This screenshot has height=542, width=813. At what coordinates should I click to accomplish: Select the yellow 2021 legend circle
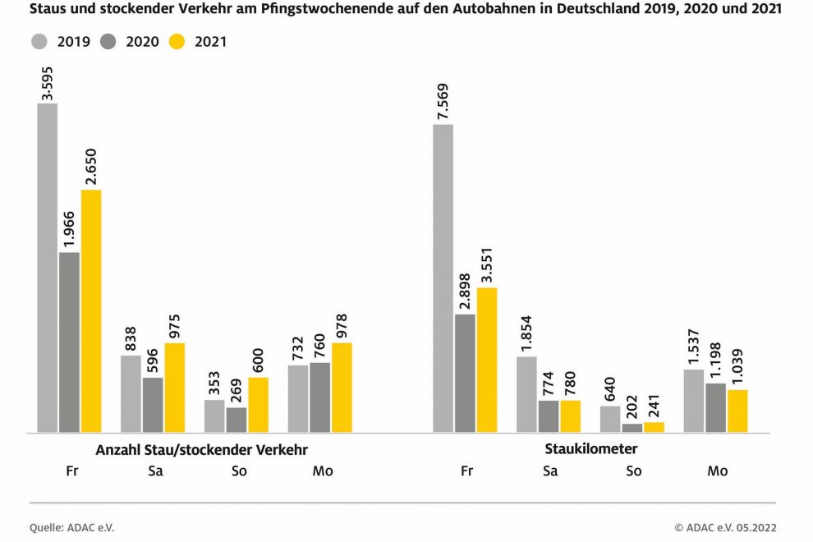(177, 41)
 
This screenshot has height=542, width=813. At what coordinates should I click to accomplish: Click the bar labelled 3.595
(48, 267)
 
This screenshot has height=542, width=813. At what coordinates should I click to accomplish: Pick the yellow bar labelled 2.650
(90, 310)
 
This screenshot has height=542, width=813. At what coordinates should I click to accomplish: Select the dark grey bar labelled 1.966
(69, 342)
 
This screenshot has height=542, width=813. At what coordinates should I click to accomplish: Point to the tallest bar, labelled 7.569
(443, 278)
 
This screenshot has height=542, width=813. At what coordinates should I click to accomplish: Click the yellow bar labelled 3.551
(487, 360)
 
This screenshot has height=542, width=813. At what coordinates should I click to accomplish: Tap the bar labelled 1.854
(527, 394)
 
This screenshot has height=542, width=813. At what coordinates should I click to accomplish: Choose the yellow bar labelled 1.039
(737, 411)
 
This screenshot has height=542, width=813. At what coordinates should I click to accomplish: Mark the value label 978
(341, 326)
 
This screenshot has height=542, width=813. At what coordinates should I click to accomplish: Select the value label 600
(258, 361)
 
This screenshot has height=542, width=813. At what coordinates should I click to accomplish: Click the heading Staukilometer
(590, 449)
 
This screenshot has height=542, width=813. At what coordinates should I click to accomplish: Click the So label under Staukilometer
(633, 471)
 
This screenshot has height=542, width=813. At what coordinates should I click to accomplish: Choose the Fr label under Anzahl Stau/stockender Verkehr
(71, 471)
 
